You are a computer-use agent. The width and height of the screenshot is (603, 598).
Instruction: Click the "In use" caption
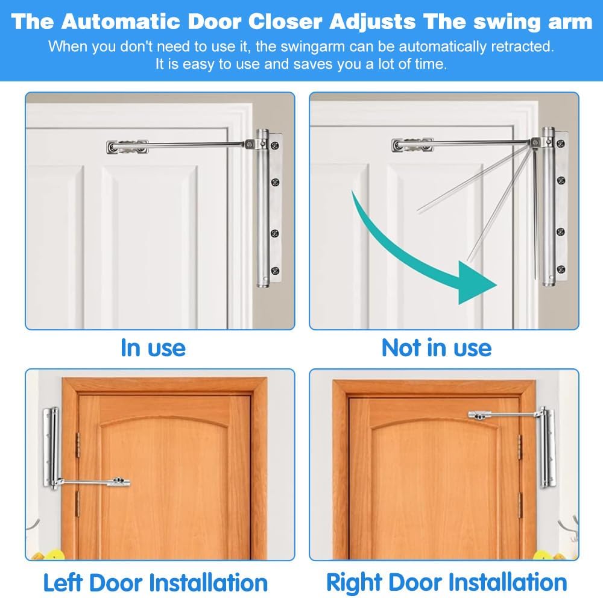click(153, 348)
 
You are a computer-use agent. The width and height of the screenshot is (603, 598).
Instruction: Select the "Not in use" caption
click(437, 348)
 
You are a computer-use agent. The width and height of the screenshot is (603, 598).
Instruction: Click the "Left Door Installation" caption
click(156, 582)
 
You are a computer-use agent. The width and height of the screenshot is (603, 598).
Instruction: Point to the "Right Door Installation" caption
click(447, 582)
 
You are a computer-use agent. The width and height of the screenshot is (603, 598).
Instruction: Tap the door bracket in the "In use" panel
click(127, 146)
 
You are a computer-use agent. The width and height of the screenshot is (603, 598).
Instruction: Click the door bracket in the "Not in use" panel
click(412, 145)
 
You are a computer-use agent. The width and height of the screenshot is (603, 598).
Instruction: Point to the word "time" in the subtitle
click(429, 64)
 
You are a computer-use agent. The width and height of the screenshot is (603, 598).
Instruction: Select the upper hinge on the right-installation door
click(519, 447)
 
